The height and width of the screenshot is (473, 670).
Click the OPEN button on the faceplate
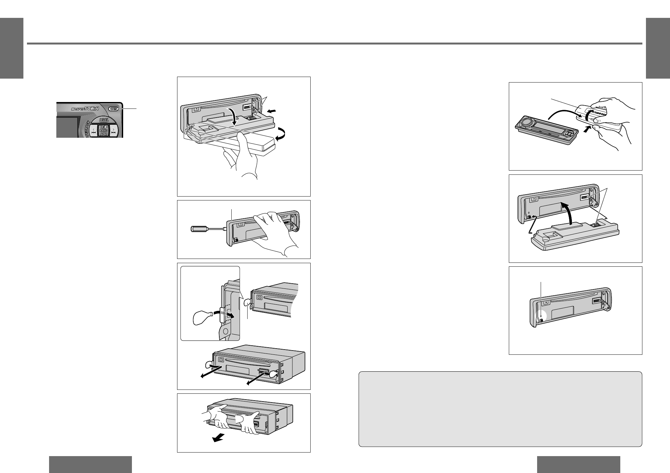(113, 109)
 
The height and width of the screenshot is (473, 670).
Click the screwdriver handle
(198, 229)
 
